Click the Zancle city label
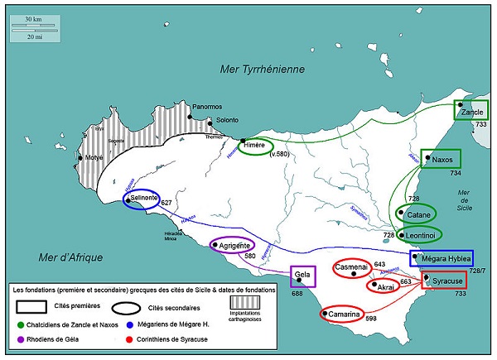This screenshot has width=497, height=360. (x=472, y=112)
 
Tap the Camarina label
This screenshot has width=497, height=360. (x=344, y=314)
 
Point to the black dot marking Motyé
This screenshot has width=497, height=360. (x=80, y=157)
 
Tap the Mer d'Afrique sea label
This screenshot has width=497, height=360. (x=70, y=257)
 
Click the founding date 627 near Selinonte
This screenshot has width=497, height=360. (x=166, y=203)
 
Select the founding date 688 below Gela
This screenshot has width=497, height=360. (x=297, y=293)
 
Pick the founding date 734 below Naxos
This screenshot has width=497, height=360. (x=455, y=174)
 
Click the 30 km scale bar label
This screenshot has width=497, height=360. (x=34, y=18)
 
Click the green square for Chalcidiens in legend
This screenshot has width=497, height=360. (x=23, y=323)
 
